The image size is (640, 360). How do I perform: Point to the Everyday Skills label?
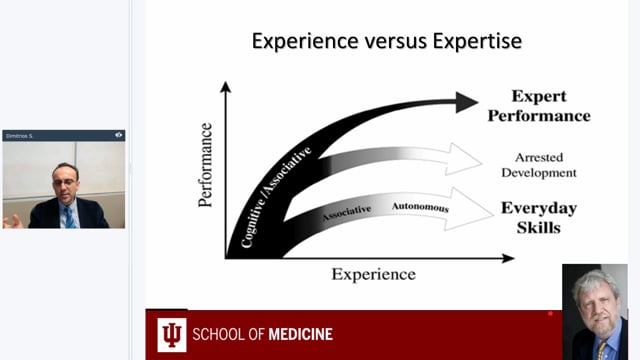(x=538, y=218)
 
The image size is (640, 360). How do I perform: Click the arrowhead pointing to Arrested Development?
(x=462, y=157)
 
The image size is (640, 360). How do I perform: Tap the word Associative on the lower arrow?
(x=346, y=211)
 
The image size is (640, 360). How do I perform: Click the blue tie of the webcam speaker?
(x=69, y=216)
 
